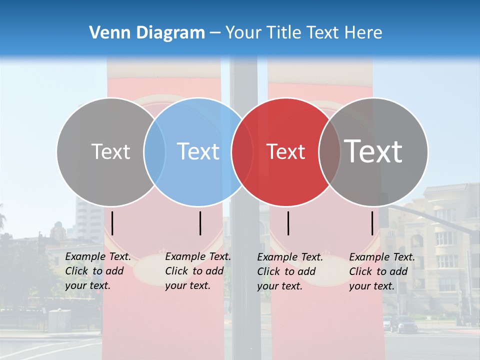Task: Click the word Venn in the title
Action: click(109, 33)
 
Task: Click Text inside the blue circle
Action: click(198, 151)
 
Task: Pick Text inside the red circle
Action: click(286, 151)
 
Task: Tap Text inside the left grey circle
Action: click(110, 151)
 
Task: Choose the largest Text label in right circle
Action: click(373, 151)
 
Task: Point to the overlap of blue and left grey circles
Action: click(155, 151)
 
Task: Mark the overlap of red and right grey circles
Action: click(329, 151)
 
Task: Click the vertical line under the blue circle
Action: click(200, 223)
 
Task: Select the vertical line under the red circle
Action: click(288, 223)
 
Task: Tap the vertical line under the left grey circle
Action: click(112, 223)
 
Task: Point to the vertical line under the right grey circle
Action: click(372, 223)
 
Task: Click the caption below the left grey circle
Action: click(98, 271)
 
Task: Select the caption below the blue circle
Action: click(198, 271)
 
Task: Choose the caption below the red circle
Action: click(290, 271)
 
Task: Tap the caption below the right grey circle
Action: click(382, 271)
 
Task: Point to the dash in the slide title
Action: click(215, 33)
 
